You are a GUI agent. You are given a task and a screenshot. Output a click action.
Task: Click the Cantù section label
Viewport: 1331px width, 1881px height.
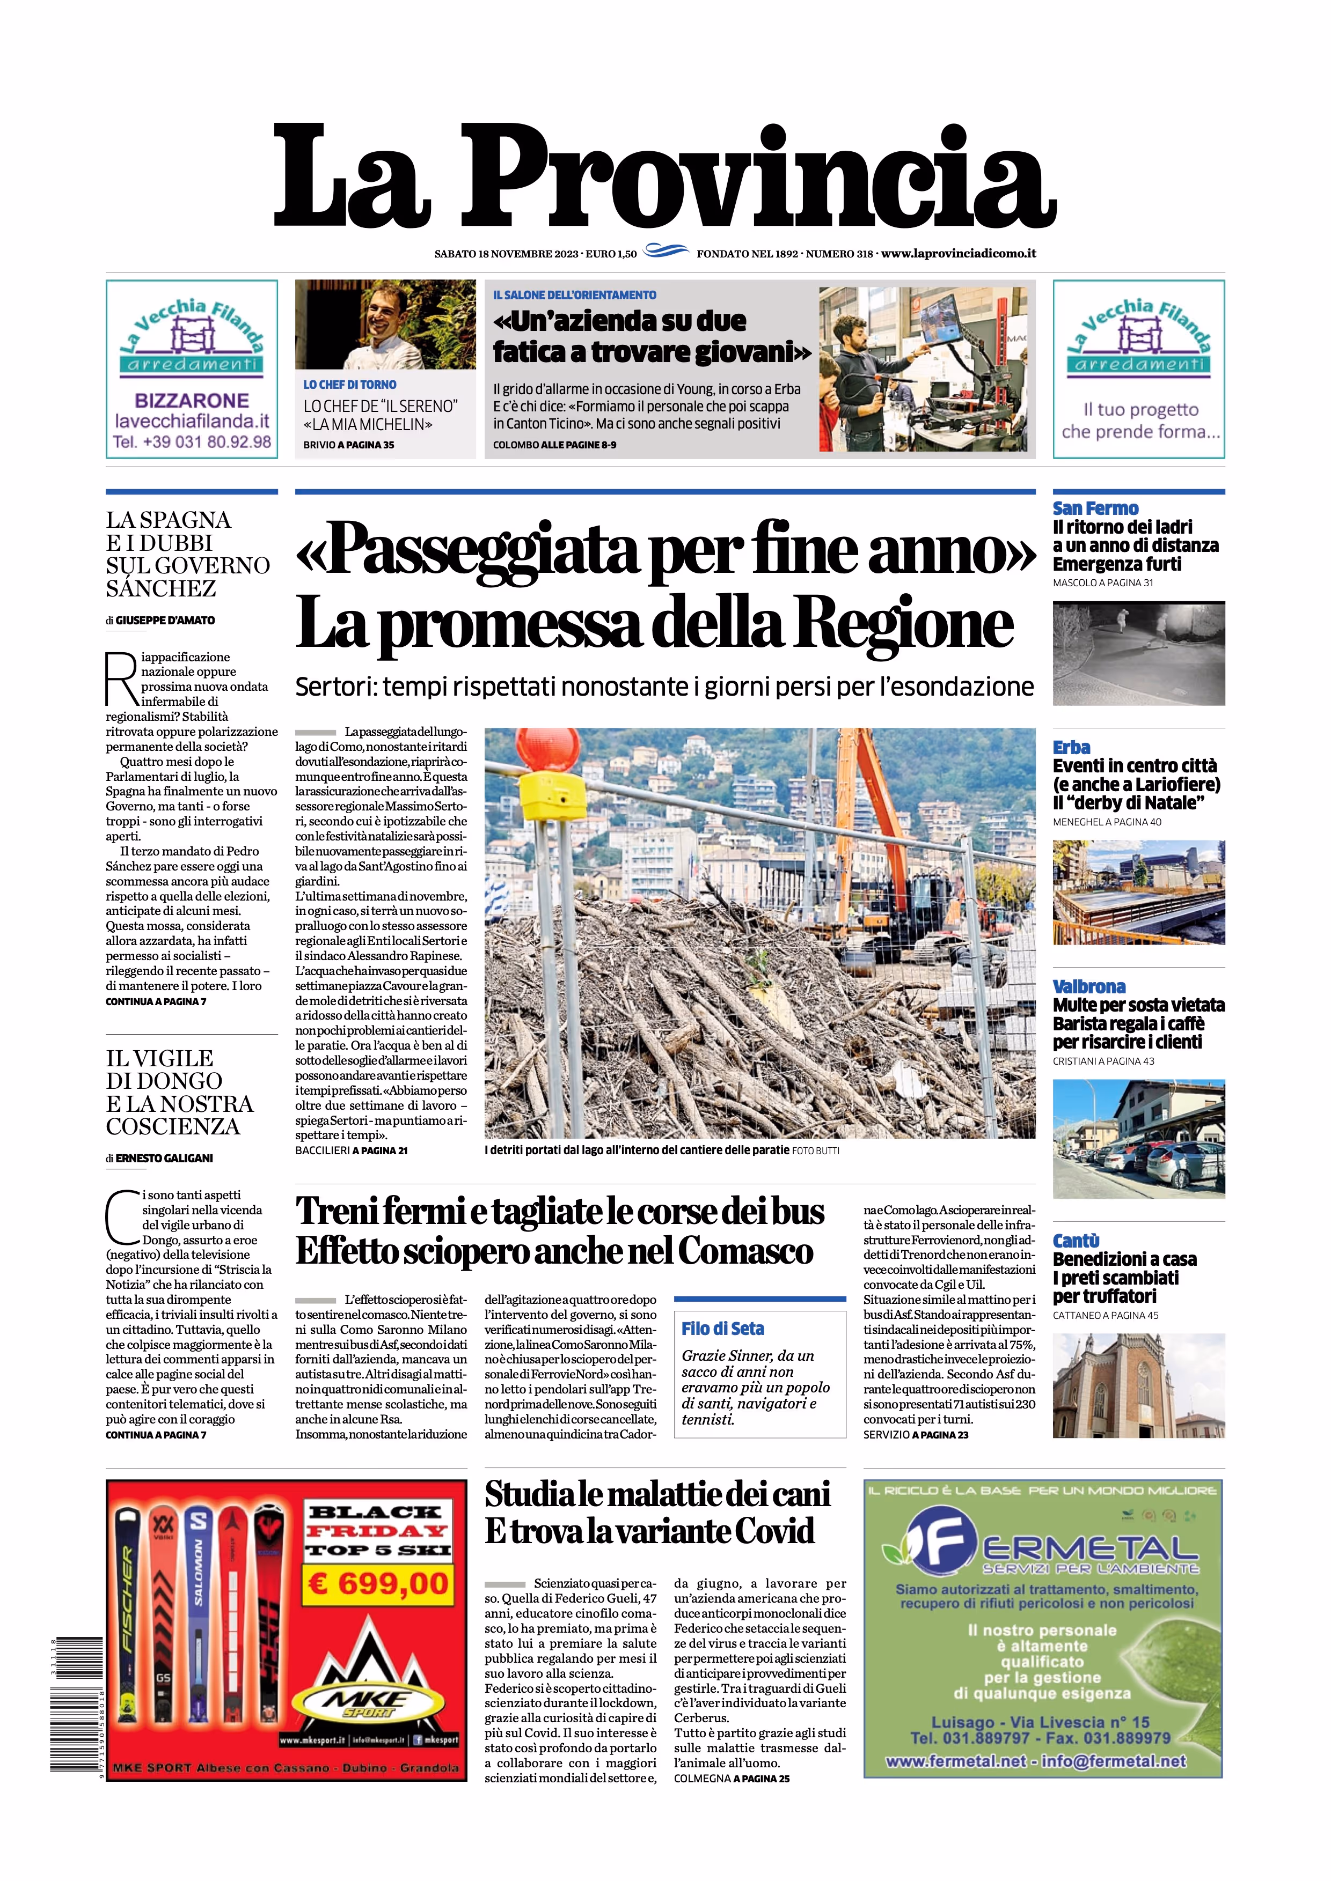(x=1076, y=1241)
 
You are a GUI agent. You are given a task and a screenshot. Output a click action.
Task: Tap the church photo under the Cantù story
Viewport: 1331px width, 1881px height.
(x=1138, y=1386)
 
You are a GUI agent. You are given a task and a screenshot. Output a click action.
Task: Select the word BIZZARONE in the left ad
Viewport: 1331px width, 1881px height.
(x=191, y=401)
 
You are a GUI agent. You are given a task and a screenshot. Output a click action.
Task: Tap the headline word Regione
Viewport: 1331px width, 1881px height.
(x=905, y=624)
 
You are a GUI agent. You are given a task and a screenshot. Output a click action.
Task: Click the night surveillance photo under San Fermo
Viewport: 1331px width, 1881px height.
(x=1138, y=653)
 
